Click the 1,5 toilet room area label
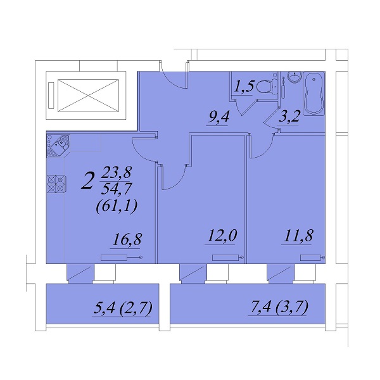(244, 87)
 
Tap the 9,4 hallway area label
(219, 118)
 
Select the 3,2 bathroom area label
(289, 117)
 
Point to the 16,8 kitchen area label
(127, 239)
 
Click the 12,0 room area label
(222, 236)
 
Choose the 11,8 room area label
(298, 236)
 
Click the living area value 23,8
(117, 173)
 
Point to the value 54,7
(117, 189)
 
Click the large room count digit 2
(88, 181)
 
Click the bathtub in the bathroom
(313, 93)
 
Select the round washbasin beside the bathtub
(294, 77)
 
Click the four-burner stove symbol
(56, 184)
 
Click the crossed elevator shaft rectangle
(88, 96)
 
